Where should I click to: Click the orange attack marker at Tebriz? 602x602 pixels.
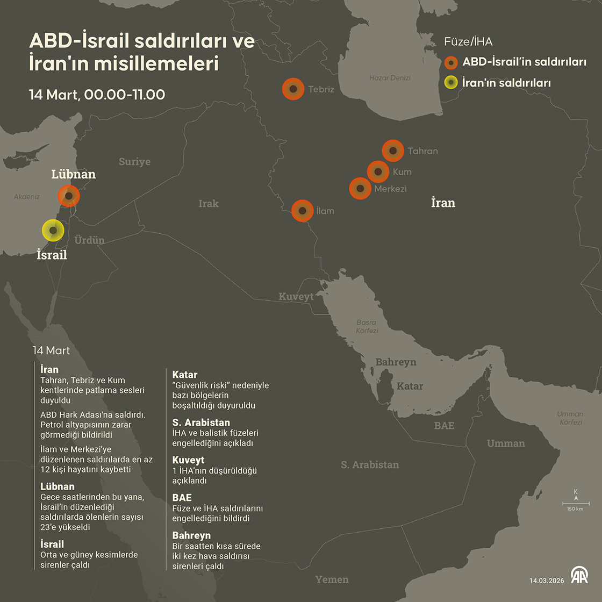293,89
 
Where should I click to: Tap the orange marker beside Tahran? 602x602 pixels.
393,151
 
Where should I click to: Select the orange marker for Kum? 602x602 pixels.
378,172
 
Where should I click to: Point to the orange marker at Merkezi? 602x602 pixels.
360,189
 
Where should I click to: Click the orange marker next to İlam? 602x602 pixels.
303,211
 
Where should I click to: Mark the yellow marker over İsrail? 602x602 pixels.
53,231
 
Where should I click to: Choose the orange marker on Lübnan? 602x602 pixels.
69,196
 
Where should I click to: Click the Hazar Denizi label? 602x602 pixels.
390,78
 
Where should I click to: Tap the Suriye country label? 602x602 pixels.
134,162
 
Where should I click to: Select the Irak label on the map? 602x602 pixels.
209,204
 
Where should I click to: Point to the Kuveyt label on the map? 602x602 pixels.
296,297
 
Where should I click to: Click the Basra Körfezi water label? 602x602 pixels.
367,327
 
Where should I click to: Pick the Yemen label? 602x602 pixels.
332,579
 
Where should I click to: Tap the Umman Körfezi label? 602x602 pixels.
570,418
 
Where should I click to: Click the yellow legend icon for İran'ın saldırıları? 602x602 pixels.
451,83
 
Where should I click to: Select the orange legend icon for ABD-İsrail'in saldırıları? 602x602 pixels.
451,62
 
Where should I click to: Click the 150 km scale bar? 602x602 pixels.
576,504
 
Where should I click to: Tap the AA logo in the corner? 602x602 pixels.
579,576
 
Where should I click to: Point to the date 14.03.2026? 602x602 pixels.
547,580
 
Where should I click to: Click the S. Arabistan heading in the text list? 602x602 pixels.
201,422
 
